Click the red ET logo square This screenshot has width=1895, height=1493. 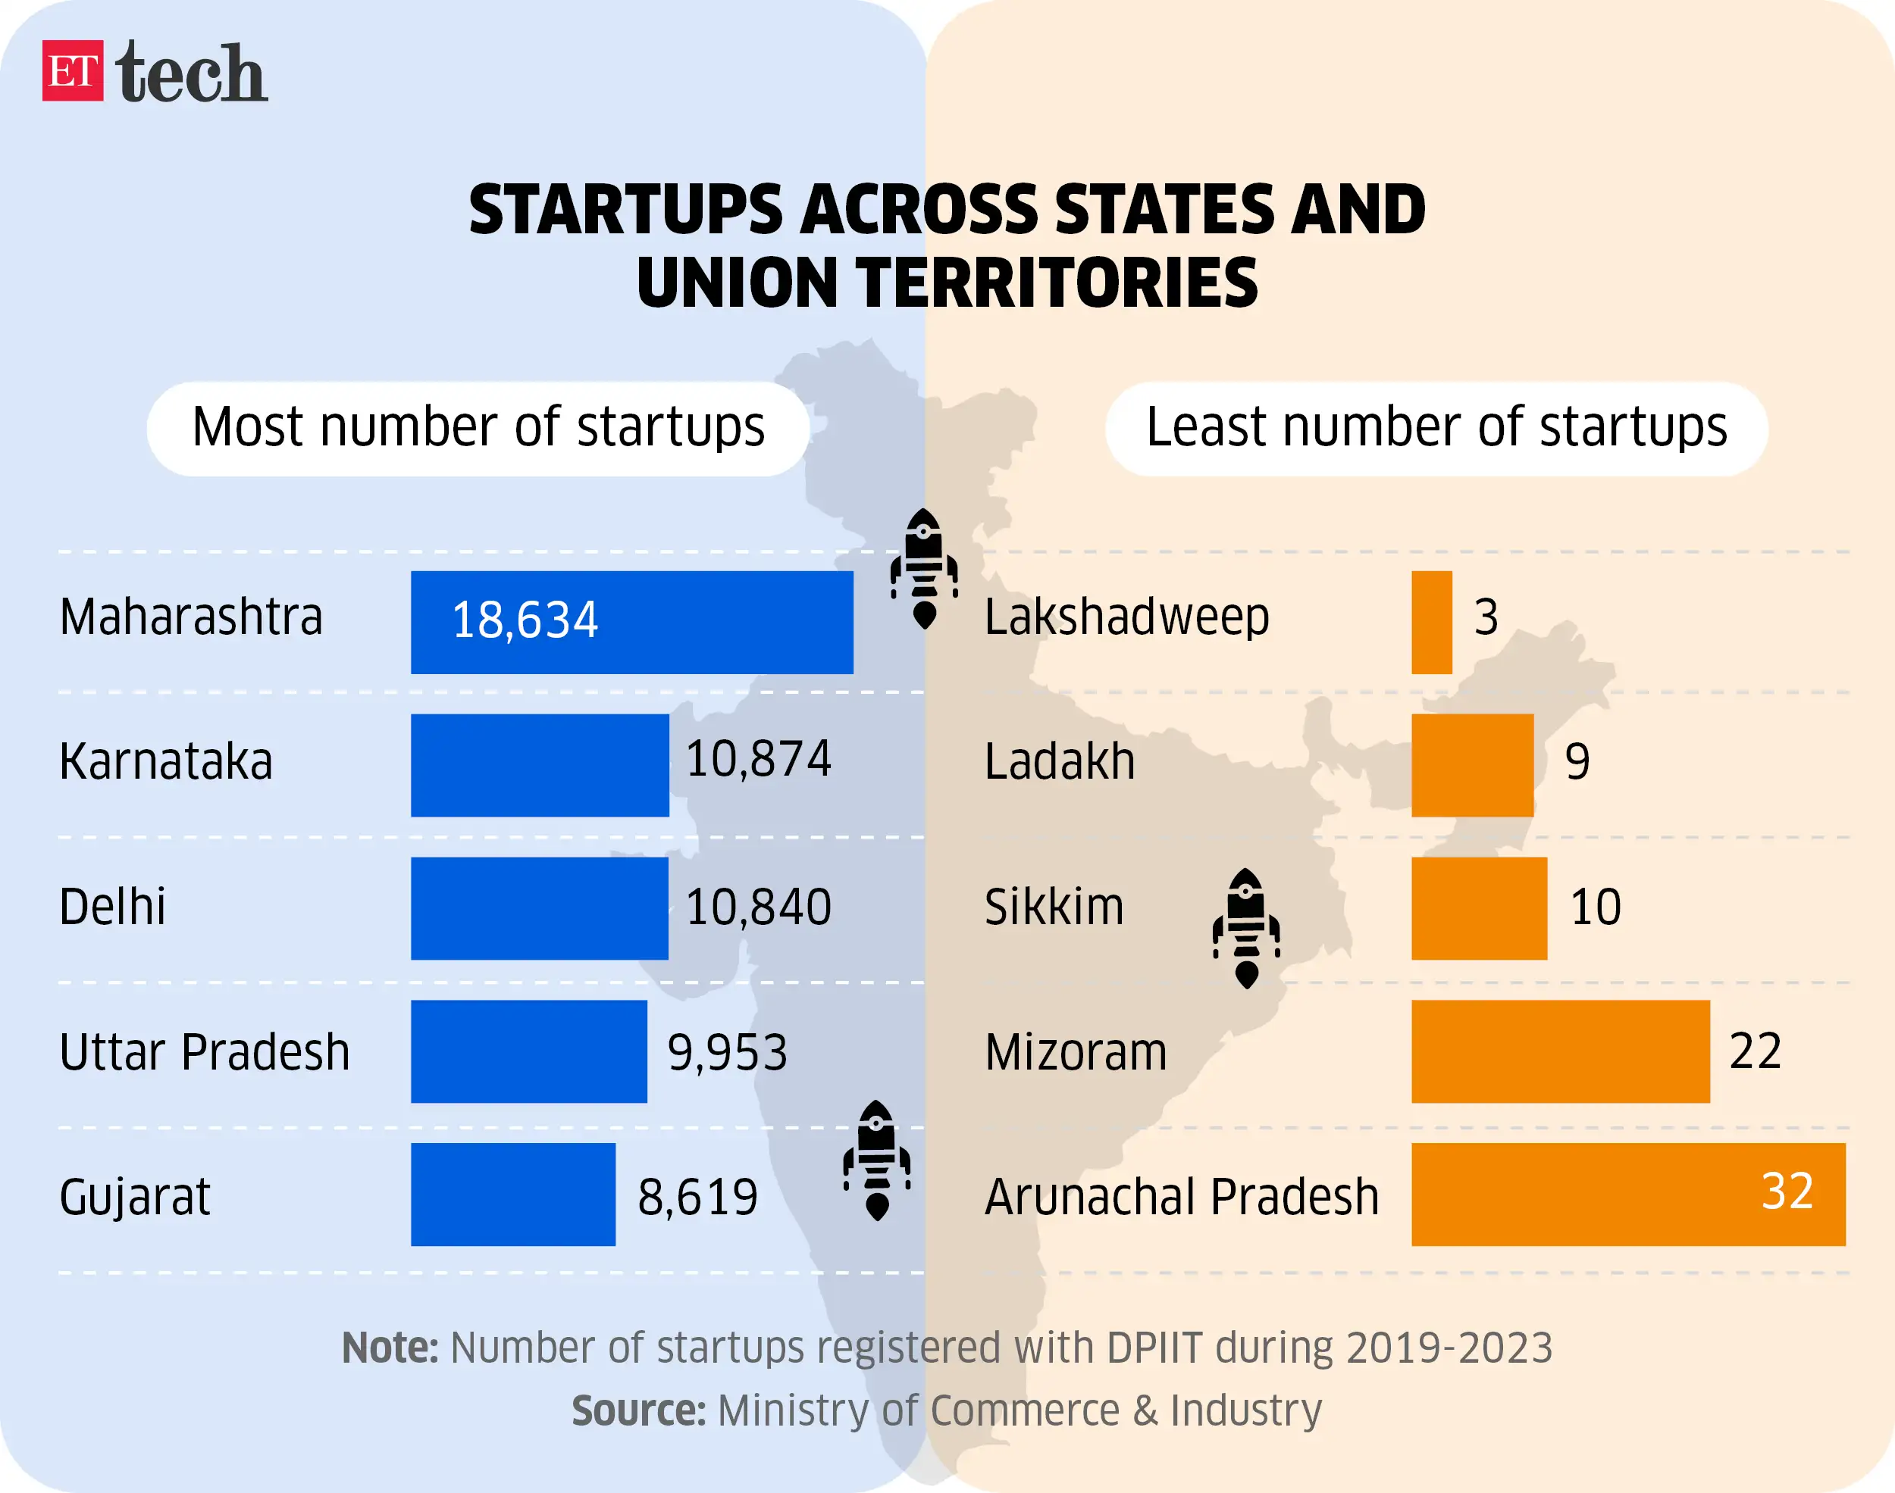(73, 70)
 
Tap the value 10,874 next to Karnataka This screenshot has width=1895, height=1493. (757, 759)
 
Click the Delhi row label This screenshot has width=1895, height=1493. (112, 907)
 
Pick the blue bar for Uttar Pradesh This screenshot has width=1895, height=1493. (528, 1051)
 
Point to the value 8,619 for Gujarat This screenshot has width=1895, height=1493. (697, 1198)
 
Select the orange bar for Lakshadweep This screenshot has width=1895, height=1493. (1432, 623)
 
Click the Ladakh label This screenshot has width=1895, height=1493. (1059, 761)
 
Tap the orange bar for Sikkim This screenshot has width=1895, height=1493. (1479, 908)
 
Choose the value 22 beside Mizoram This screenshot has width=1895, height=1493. (1754, 1051)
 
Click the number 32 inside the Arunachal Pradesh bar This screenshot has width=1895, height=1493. (1787, 1191)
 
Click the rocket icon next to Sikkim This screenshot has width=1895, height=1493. (1246, 929)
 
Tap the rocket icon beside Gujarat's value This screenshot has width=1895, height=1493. (876, 1160)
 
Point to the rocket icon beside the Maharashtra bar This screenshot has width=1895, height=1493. (923, 569)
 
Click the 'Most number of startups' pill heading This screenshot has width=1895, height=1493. (478, 428)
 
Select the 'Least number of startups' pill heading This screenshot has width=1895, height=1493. (1436, 428)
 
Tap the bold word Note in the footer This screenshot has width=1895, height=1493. (389, 1347)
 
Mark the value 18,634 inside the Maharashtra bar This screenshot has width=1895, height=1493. (525, 620)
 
